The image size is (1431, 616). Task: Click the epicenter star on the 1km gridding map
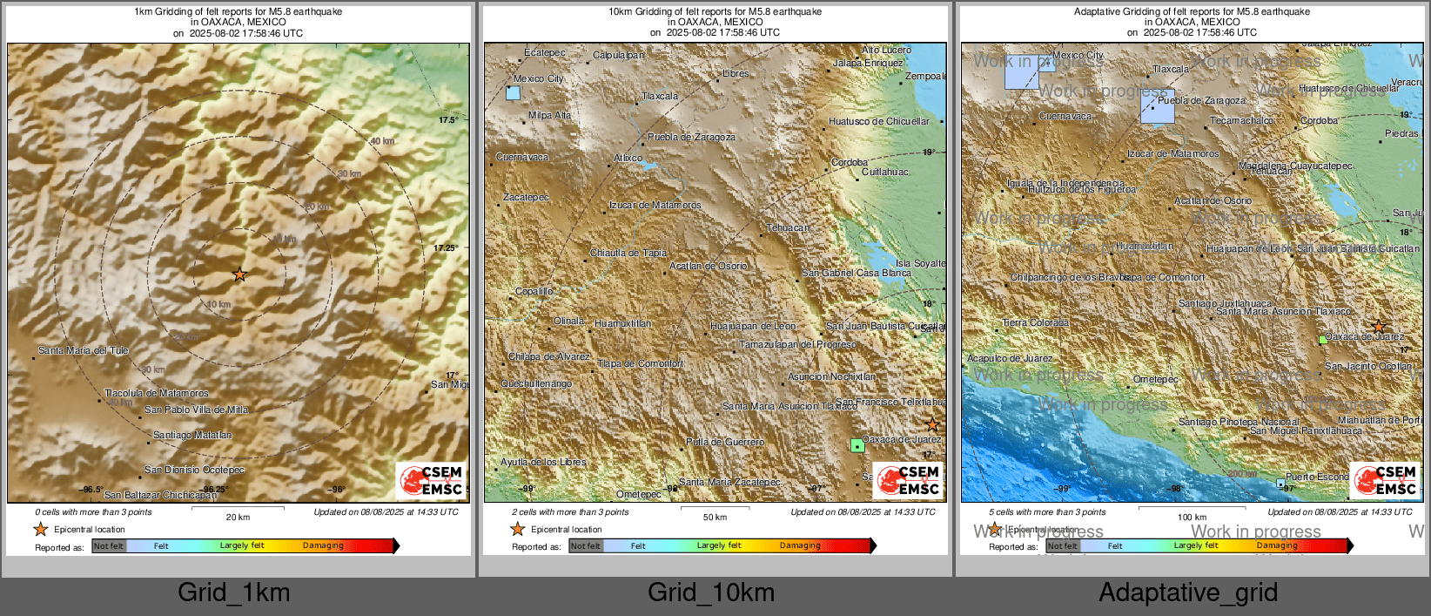239,274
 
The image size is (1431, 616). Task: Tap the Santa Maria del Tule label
84,350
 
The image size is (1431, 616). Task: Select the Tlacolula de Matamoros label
157,393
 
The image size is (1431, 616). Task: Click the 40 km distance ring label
382,141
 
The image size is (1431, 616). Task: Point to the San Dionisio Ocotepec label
195,470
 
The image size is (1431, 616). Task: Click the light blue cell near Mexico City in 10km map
513,92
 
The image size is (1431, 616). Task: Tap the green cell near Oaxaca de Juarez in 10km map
857,445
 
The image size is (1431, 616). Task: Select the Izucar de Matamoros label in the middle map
655,205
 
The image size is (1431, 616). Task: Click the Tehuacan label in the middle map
788,227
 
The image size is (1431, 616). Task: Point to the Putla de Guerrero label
725,442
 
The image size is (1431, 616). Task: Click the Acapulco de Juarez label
1010,358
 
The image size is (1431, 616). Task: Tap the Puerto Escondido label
1317,477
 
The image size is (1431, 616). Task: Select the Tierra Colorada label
1036,322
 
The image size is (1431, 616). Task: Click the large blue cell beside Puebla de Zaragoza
1157,106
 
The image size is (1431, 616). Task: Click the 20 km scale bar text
238,518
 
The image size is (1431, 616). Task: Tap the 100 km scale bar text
1192,518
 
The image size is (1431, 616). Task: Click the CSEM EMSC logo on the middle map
908,480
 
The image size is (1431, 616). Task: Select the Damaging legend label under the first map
323,545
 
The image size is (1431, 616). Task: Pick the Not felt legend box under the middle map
586,546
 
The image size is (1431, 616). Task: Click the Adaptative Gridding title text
1192,11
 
